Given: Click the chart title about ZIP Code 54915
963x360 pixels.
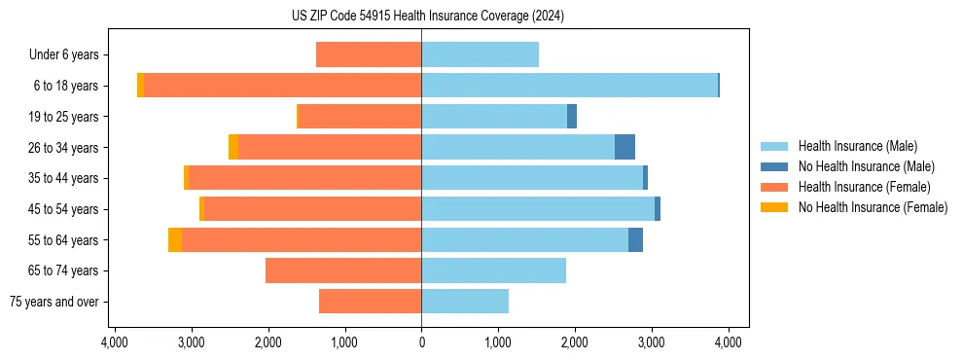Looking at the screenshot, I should (427, 16).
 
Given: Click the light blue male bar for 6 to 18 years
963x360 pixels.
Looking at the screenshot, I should (569, 86).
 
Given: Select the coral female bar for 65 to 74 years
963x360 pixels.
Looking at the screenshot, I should (343, 270).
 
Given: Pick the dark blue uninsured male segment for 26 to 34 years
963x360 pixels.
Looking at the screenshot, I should (624, 147).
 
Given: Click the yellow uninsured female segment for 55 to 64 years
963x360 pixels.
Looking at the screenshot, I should (175, 239).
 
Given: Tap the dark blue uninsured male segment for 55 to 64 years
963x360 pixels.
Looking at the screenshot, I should (635, 239).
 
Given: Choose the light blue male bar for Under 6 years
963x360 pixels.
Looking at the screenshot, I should (480, 54).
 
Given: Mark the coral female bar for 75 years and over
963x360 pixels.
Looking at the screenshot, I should (370, 302).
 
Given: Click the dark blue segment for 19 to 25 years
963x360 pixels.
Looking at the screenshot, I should (572, 117).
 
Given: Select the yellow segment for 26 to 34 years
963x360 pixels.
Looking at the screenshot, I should (233, 147).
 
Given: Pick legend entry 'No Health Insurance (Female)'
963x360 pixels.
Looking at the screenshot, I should (873, 207).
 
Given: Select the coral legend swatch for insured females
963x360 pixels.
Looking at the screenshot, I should (775, 187).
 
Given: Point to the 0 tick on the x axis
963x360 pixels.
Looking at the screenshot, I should (421, 342).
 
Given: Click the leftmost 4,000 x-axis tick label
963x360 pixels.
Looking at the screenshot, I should (115, 342).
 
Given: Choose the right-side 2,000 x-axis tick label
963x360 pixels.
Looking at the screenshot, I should (575, 342).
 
